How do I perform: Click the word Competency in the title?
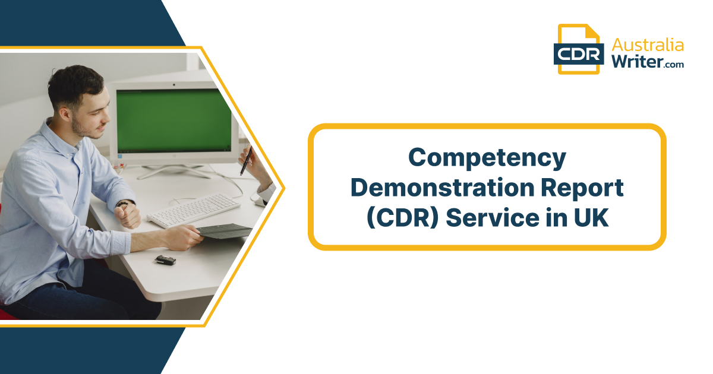[487, 158]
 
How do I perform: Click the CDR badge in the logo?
[579, 54]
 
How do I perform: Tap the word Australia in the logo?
[648, 45]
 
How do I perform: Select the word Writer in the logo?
[637, 61]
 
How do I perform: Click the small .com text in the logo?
[674, 65]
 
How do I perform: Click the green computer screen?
[173, 121]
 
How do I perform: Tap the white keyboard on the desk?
[194, 211]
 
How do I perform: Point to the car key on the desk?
[166, 260]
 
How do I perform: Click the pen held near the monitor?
[246, 161]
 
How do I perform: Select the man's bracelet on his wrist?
[125, 203]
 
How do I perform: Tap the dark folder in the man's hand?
[225, 230]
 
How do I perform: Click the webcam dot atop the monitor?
[173, 85]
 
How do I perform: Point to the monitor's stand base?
[173, 171]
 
